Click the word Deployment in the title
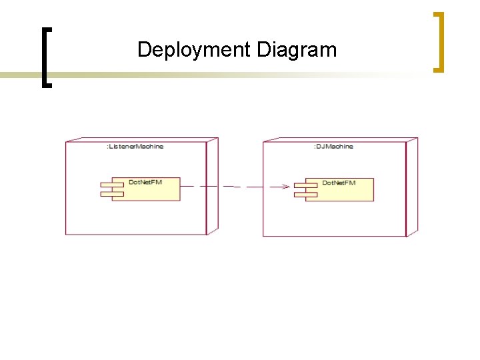[193, 50]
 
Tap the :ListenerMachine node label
[135, 146]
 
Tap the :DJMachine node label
[333, 146]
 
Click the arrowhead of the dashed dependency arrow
[286, 187]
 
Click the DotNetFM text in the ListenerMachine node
[145, 182]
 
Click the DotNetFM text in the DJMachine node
[339, 183]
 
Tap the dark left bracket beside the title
[45, 57]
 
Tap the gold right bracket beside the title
[438, 41]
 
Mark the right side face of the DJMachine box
[411, 186]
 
